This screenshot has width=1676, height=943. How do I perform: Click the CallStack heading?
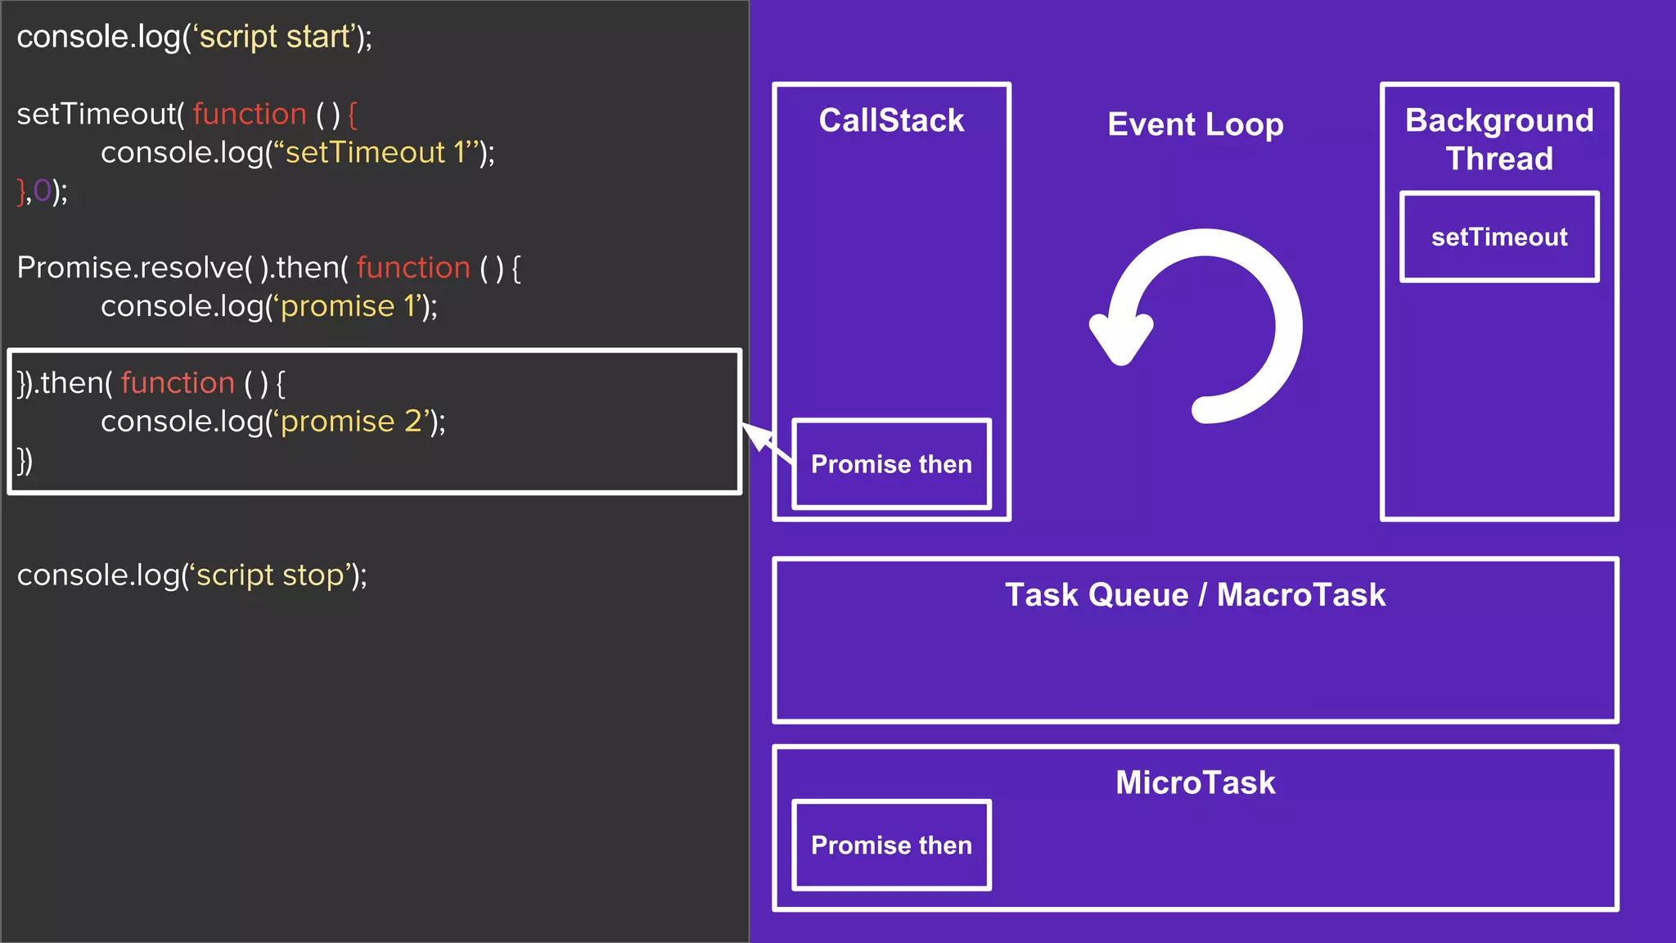click(891, 121)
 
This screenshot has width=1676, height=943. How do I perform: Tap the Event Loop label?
click(1195, 124)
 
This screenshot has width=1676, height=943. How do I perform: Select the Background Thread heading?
click(1499, 139)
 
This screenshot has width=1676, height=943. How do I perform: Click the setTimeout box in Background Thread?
click(1499, 237)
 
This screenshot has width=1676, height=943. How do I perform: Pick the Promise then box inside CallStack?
click(891, 464)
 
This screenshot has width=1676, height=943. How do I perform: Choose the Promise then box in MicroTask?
click(891, 845)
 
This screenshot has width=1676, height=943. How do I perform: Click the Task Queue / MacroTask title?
click(1195, 595)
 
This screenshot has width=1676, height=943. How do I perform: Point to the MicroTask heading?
click(1195, 783)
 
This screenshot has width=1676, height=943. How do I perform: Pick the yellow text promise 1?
click(349, 306)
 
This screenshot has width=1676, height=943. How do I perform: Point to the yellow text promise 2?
click(351, 422)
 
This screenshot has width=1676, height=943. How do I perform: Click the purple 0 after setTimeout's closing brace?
click(42, 191)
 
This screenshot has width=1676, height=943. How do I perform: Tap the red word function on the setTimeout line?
click(250, 114)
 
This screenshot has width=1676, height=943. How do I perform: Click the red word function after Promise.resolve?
click(413, 268)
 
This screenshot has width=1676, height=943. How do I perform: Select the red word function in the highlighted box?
click(178, 383)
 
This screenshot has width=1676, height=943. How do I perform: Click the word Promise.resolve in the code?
click(131, 268)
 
